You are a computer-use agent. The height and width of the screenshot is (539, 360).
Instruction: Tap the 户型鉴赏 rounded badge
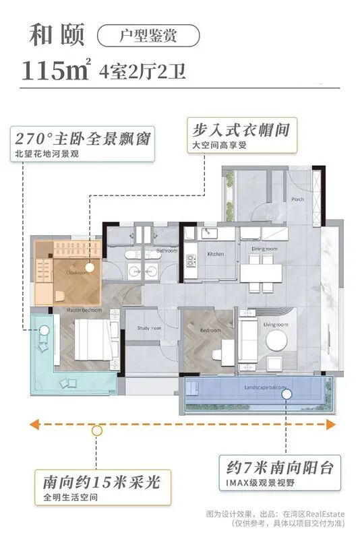click(x=149, y=35)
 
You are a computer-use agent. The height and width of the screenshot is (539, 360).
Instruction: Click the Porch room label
click(x=298, y=199)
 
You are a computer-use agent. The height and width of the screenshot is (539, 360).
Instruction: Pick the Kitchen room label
click(x=216, y=255)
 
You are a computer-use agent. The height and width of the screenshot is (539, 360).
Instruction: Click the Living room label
click(x=276, y=325)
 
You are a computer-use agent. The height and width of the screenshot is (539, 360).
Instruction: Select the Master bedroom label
click(x=84, y=311)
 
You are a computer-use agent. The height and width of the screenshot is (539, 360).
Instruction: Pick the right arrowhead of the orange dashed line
click(x=330, y=424)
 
